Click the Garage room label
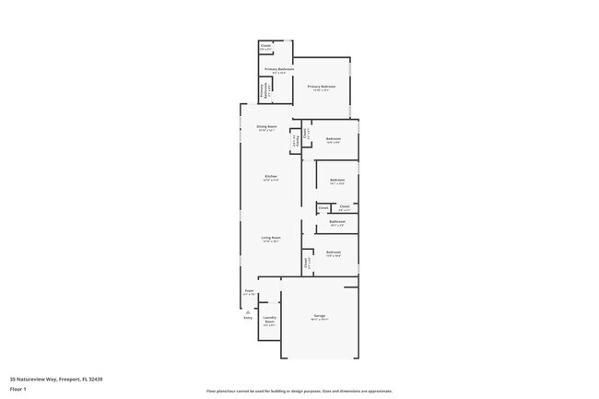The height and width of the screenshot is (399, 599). [x=320, y=316]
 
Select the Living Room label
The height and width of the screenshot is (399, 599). [x=270, y=238]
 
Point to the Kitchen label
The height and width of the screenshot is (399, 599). [x=271, y=176]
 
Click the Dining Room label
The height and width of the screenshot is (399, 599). [x=267, y=127]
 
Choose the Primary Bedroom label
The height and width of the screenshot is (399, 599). [x=322, y=87]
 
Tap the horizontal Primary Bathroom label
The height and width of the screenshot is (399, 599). [x=278, y=69]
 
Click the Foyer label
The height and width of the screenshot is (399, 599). [x=249, y=292]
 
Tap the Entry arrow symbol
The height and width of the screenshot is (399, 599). [x=248, y=311]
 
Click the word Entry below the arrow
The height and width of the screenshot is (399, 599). [x=248, y=318]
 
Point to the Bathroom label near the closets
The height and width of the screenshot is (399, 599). [x=337, y=222]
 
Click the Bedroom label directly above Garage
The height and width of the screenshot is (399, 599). [x=334, y=252]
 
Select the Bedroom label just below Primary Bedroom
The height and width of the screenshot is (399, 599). [x=334, y=139]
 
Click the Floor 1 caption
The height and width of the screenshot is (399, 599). [x=18, y=390]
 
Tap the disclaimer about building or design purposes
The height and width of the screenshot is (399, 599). [x=299, y=391]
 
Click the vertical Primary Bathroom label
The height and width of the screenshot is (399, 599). [x=263, y=91]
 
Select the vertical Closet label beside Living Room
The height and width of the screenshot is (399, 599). [x=306, y=263]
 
